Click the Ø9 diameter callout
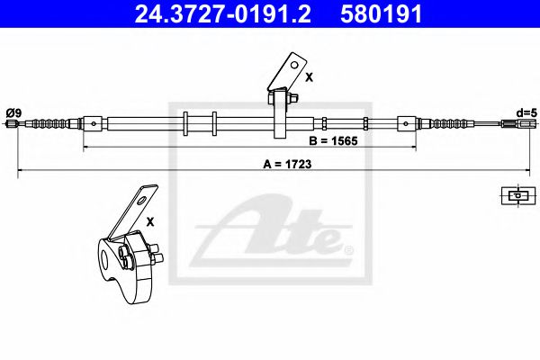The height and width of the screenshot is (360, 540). [x=13, y=112]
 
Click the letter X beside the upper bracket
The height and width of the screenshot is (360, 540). [x=309, y=77]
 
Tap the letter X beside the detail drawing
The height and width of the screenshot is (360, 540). [x=150, y=220]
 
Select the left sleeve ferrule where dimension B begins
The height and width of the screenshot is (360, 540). [x=90, y=123]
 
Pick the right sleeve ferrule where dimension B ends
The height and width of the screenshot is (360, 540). [x=408, y=123]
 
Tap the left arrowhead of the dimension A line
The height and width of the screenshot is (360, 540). [x=21, y=169]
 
